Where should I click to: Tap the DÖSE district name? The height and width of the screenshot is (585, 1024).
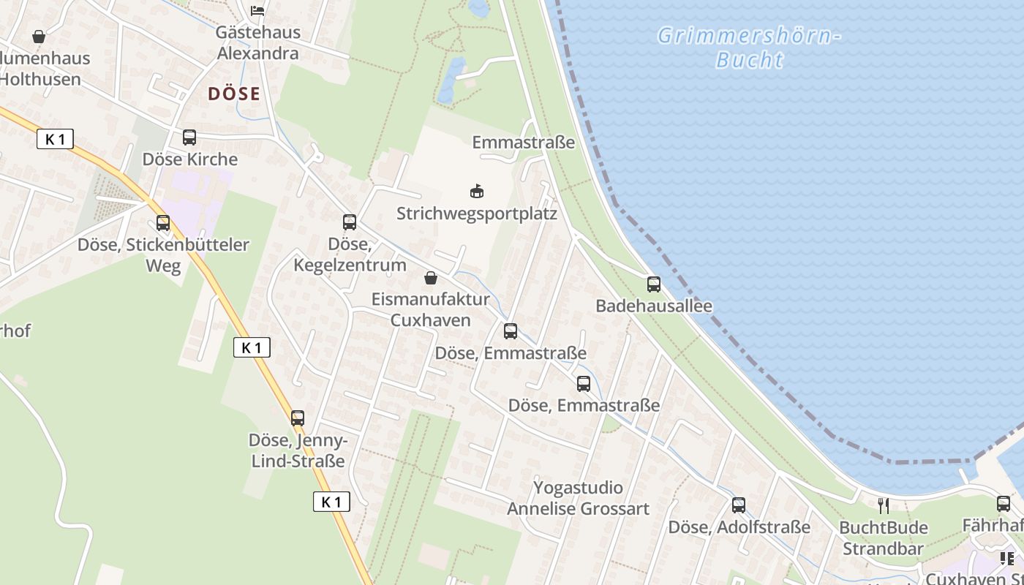coord(234,94)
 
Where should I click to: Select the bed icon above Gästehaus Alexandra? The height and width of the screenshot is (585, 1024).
coord(257,10)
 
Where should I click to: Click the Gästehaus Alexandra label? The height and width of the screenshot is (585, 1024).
coord(247,42)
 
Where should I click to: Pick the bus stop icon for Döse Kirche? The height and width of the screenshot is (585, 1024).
coord(189,137)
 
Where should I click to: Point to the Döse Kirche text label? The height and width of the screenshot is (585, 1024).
coord(190,159)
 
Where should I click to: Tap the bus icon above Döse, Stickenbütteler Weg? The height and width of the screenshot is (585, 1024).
coord(163,223)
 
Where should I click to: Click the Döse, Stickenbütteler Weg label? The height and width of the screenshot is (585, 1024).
coord(163,254)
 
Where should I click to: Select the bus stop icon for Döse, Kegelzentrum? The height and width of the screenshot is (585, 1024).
coord(350,222)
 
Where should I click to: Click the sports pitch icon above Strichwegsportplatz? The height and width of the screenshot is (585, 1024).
coord(477,192)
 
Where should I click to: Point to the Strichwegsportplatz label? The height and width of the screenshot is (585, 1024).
coord(477,214)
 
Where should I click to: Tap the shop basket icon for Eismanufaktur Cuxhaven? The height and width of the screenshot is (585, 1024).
coord(431,278)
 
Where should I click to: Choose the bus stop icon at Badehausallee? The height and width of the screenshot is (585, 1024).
coord(654,284)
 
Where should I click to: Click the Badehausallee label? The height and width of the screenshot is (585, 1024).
coord(654,306)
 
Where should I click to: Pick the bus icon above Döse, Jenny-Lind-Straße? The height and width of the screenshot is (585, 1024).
coord(298,418)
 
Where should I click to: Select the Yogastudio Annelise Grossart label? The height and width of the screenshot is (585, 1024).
coord(578,498)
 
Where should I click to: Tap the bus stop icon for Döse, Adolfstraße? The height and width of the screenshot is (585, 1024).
coord(739,505)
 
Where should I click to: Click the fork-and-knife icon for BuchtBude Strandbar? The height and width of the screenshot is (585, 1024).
coord(884,505)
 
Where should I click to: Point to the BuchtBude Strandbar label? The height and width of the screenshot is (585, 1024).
coord(884,537)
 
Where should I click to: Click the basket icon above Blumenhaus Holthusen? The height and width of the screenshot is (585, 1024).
coord(39,36)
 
